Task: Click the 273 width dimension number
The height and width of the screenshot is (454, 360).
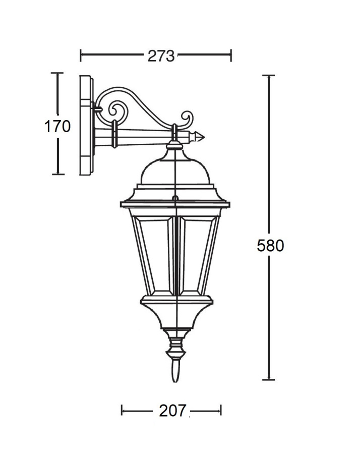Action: pos(161,55)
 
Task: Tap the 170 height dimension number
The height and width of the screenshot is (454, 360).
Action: pos(57,126)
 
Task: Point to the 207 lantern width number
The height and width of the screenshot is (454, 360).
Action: pos(172,411)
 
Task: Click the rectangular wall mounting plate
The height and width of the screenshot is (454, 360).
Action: pos(86,125)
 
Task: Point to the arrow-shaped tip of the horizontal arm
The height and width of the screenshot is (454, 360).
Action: pos(200,136)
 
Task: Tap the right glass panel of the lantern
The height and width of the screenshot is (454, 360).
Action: pos(197,255)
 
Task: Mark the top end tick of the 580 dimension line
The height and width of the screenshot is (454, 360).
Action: pos(268,75)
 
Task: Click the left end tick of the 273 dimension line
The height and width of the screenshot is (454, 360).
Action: pos(81,55)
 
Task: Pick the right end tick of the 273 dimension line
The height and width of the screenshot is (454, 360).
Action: pos(230,55)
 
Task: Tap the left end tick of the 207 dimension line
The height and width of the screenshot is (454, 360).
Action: pos(122,411)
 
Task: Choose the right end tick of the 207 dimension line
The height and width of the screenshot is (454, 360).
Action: pos(221,411)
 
